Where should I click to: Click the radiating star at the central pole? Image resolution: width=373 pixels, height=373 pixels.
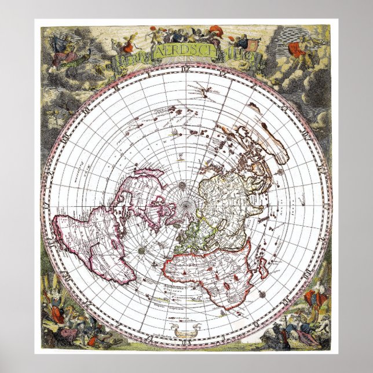coord(181,186)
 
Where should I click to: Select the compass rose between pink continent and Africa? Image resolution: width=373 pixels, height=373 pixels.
coord(142,250)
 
